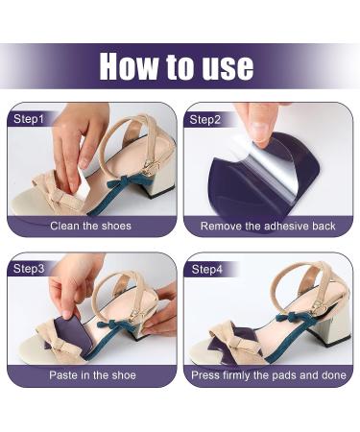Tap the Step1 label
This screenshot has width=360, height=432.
tap(27, 119)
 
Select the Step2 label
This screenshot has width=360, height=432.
tap(205, 119)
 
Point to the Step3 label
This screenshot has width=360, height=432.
tap(27, 269)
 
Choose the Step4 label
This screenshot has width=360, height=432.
tap(205, 269)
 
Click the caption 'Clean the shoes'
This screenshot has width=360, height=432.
tap(92, 227)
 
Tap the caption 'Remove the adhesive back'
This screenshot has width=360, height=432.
tap(269, 227)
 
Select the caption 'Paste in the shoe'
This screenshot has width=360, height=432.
tap(92, 374)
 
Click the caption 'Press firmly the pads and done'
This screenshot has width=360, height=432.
tap(269, 374)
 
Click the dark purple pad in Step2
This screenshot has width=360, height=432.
tap(288, 182)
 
